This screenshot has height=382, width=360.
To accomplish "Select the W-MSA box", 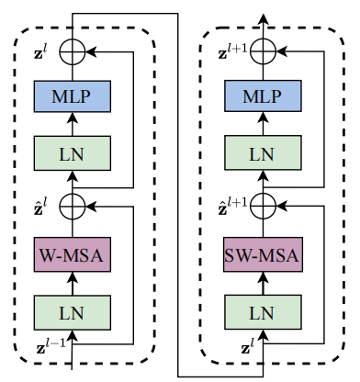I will (x=73, y=253).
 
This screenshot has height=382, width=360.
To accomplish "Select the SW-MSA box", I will (x=264, y=253).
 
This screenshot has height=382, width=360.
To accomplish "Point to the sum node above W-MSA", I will (x=73, y=205).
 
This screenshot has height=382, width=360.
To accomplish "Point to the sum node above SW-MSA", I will (x=264, y=205).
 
